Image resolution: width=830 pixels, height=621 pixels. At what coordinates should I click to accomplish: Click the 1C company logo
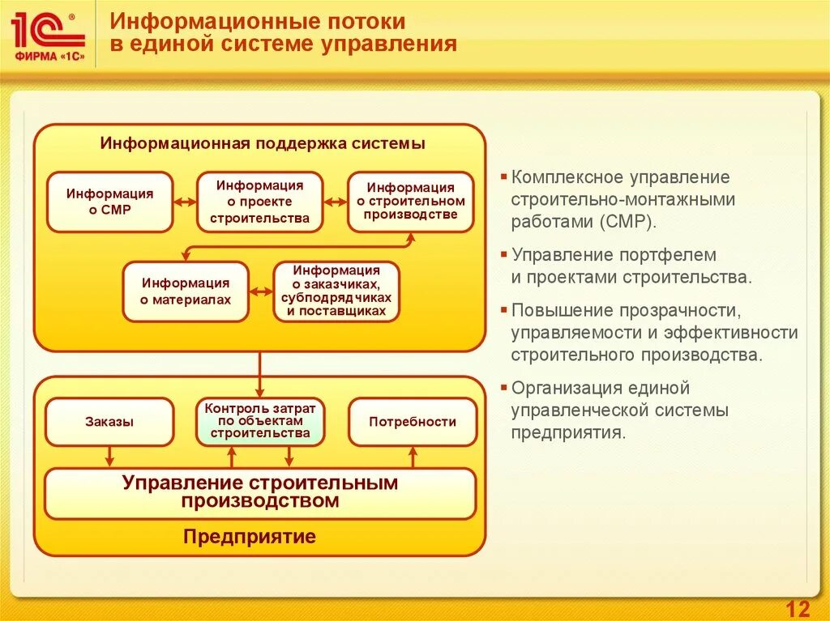point(48,36)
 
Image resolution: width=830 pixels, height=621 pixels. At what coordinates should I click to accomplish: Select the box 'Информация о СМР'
point(109,202)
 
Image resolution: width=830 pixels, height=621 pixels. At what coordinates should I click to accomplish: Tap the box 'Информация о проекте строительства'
point(260,202)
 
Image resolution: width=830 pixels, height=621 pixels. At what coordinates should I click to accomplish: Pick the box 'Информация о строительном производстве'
point(411,202)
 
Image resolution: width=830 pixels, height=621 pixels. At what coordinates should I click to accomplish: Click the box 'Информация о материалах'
point(186,291)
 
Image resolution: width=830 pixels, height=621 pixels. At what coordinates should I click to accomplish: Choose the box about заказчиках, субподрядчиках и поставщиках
point(336,291)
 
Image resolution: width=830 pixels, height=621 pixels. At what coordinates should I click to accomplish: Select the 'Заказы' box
point(109,422)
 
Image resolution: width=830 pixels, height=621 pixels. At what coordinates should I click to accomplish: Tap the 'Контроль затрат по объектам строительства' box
point(260,421)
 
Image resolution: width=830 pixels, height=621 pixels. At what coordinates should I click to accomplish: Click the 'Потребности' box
point(412,422)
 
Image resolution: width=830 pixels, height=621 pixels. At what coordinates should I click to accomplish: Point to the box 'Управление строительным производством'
point(260,492)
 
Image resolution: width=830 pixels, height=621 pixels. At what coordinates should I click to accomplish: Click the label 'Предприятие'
point(249,537)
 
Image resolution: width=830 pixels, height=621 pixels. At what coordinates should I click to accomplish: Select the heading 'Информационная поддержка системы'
point(263,144)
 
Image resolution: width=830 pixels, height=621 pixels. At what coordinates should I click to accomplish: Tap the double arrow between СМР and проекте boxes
point(186,202)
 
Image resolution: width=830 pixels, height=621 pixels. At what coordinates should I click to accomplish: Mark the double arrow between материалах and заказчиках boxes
point(261,291)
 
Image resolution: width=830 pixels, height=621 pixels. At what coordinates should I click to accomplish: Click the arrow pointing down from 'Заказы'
point(109,457)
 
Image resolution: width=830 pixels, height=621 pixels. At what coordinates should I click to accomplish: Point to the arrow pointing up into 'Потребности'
point(412,457)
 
